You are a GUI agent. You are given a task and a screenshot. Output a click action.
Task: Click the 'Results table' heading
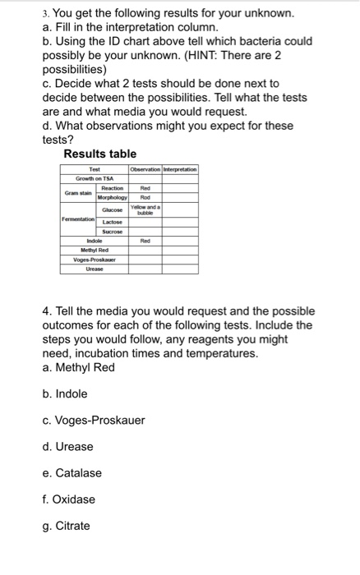tap(100, 154)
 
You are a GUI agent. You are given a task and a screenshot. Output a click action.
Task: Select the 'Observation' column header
tap(144, 169)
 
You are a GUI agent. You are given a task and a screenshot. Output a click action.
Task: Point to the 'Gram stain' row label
tap(77, 192)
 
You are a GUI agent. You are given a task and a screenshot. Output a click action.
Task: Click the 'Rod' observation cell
tap(145, 197)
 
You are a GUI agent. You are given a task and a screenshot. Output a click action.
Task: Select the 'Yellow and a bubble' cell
tap(145, 211)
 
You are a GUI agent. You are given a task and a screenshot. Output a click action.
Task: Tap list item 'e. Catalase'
tap(72, 472)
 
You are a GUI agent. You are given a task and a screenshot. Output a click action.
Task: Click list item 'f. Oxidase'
tap(69, 499)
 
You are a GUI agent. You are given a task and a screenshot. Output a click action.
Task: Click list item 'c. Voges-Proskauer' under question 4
tap(93, 420)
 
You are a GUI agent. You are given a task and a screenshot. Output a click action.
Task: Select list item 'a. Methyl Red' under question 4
tap(79, 366)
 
